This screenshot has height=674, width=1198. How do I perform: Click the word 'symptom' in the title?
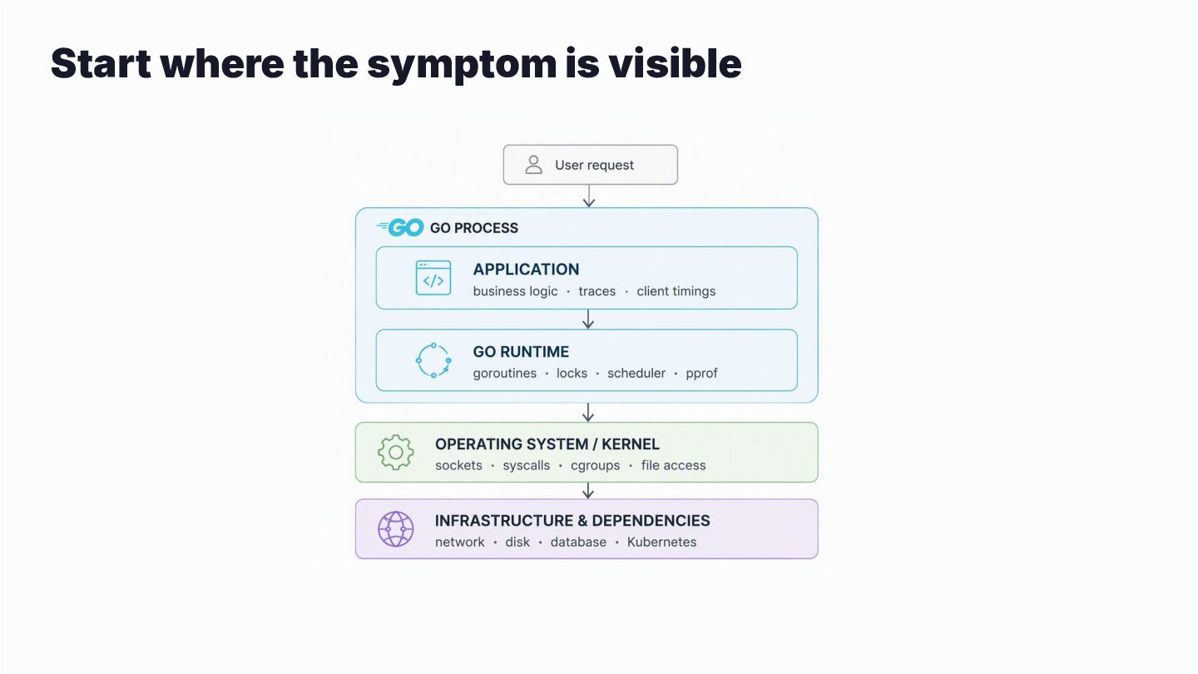pyautogui.click(x=462, y=65)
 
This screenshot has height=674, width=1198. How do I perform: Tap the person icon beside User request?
pyautogui.click(x=533, y=165)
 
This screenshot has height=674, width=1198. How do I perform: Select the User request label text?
pyautogui.click(x=594, y=166)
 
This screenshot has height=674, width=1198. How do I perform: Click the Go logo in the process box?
pyautogui.click(x=400, y=227)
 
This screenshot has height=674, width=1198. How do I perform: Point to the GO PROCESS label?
pyautogui.click(x=474, y=228)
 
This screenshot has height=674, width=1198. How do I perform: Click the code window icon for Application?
pyautogui.click(x=433, y=278)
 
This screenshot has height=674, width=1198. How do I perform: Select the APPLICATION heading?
pyautogui.click(x=526, y=269)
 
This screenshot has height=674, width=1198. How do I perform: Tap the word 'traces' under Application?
pyautogui.click(x=597, y=291)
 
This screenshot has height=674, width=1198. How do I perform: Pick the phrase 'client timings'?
pyautogui.click(x=676, y=291)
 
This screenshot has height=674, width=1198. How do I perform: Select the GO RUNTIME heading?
pyautogui.click(x=521, y=351)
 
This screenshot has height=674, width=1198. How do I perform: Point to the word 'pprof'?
pyautogui.click(x=701, y=374)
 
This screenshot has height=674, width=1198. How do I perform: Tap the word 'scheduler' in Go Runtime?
pyautogui.click(x=636, y=373)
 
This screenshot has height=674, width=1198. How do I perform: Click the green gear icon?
pyautogui.click(x=396, y=453)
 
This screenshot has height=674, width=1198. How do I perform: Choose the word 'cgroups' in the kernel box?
pyautogui.click(x=596, y=466)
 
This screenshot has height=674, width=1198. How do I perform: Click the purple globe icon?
pyautogui.click(x=396, y=529)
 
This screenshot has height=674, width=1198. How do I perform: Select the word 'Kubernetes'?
pyautogui.click(x=661, y=542)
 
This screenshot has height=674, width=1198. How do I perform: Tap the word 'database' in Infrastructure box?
pyautogui.click(x=578, y=542)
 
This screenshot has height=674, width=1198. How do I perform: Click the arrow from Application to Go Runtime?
pyautogui.click(x=588, y=319)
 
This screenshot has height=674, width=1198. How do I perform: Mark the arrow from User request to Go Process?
pyautogui.click(x=589, y=196)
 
